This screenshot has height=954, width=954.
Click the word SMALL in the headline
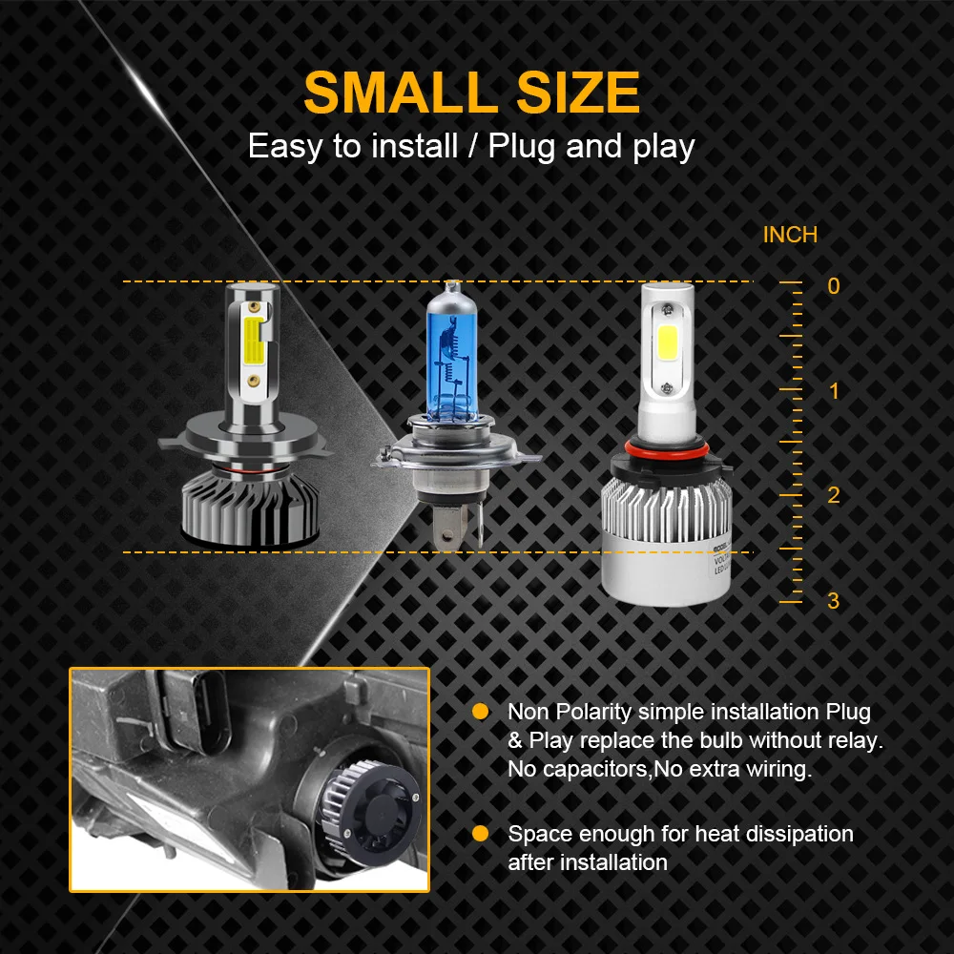394,93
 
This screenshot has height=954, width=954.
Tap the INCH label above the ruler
790,235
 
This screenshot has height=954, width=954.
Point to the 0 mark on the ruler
833,286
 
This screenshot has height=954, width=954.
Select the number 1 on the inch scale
833,391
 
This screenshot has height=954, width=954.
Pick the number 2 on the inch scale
833,495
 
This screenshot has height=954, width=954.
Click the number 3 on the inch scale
833,601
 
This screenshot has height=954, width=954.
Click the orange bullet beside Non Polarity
481,712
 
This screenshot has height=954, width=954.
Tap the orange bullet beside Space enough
481,834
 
